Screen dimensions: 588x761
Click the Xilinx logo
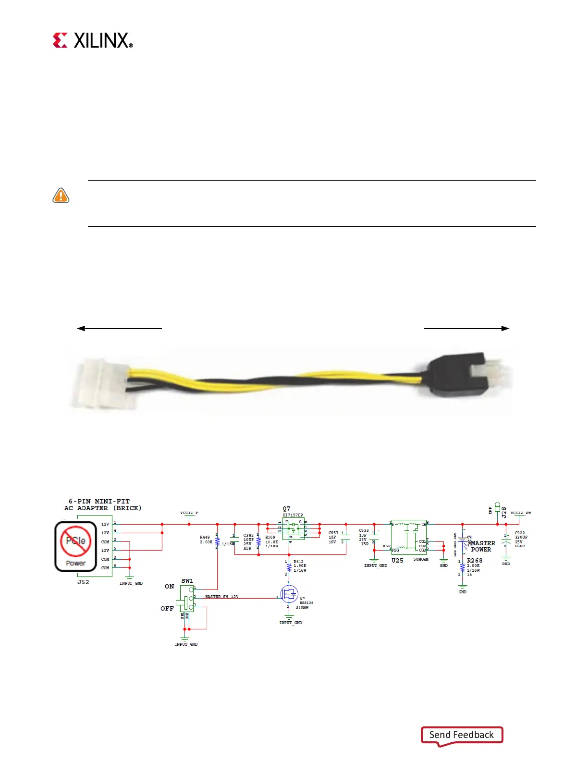(x=93, y=40)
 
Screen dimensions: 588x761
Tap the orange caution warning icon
(x=61, y=196)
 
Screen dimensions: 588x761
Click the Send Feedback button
(x=462, y=735)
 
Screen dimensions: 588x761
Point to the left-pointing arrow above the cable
(x=119, y=329)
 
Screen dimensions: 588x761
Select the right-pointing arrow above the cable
(x=466, y=329)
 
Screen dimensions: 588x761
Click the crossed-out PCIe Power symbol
(x=75, y=546)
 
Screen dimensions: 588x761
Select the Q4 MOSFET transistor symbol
(x=289, y=594)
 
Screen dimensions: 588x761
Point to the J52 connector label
(x=83, y=582)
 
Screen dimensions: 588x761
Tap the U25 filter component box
(x=409, y=537)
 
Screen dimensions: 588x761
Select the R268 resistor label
(x=475, y=561)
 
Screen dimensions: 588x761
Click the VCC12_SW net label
(x=521, y=513)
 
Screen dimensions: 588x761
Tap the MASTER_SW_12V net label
(x=221, y=597)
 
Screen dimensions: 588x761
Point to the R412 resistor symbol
(x=289, y=566)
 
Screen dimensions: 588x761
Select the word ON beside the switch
(x=169, y=587)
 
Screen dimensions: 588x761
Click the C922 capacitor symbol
(x=506, y=540)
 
